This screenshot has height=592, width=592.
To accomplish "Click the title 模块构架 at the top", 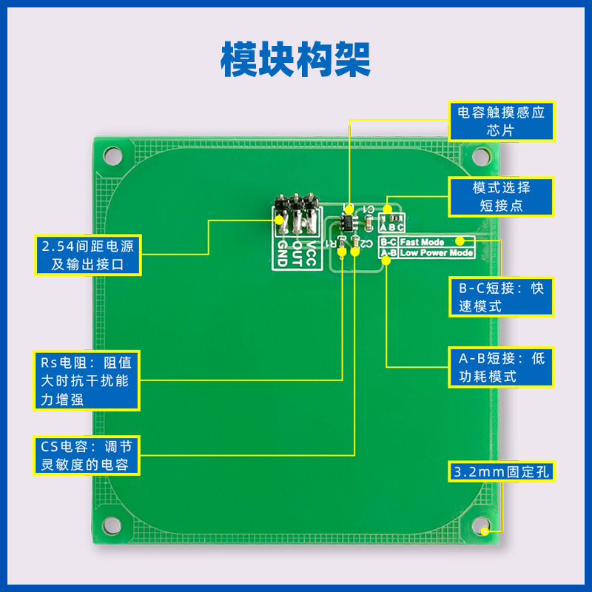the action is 296,58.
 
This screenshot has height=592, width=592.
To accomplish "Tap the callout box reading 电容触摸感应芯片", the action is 501,121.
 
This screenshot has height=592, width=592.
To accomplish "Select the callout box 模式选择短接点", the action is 501,196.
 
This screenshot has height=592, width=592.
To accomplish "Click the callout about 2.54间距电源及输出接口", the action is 88,255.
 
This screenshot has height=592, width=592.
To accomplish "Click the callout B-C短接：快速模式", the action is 501,297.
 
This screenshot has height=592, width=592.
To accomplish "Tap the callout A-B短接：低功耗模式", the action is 501,367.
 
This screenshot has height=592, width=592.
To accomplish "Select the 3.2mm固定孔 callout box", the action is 501,471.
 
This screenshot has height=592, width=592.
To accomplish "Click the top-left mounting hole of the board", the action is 112,155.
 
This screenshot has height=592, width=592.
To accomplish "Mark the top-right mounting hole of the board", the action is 482,155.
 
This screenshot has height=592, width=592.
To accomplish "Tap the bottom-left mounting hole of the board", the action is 112,525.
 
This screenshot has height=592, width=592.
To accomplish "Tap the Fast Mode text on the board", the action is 422,242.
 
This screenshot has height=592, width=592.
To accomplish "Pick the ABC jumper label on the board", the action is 391,228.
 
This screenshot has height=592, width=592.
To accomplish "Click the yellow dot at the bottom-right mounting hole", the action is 485,531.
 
